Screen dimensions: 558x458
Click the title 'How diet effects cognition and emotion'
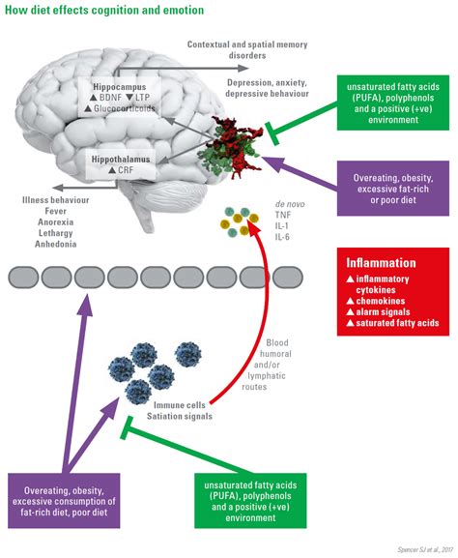pyautogui.click(x=101, y=11)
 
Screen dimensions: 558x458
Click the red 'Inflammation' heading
pyautogui.click(x=382, y=262)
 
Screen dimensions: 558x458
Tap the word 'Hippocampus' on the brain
pyautogui.click(x=115, y=87)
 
